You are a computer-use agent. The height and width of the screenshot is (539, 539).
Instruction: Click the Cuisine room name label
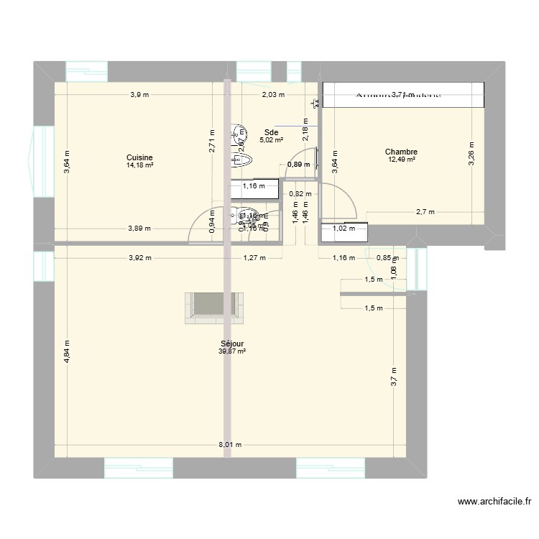coord(139,157)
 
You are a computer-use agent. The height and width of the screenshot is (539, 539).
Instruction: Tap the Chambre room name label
coord(401,152)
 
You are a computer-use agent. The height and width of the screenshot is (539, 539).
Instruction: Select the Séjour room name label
coord(233,344)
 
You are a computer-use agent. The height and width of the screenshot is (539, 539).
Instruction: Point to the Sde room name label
coord(271,132)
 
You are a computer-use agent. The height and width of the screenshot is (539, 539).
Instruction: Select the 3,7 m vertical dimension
coord(393,378)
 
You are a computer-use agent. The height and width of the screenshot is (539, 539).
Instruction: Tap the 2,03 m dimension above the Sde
coord(272,94)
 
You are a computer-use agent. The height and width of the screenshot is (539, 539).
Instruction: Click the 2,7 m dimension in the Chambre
coord(426,212)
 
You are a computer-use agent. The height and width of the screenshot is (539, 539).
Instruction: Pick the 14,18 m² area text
coord(139,165)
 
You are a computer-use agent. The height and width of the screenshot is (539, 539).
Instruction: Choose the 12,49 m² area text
coord(401,160)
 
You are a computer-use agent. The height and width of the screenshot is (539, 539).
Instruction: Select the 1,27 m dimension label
coord(254,257)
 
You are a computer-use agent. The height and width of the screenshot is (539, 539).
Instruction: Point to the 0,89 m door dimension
coord(298,165)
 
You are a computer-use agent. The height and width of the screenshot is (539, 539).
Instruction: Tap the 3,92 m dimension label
coord(139,257)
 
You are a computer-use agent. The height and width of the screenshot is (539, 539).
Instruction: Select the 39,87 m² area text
coord(233,351)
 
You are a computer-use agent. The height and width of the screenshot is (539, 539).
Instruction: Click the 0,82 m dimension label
coord(300,193)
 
